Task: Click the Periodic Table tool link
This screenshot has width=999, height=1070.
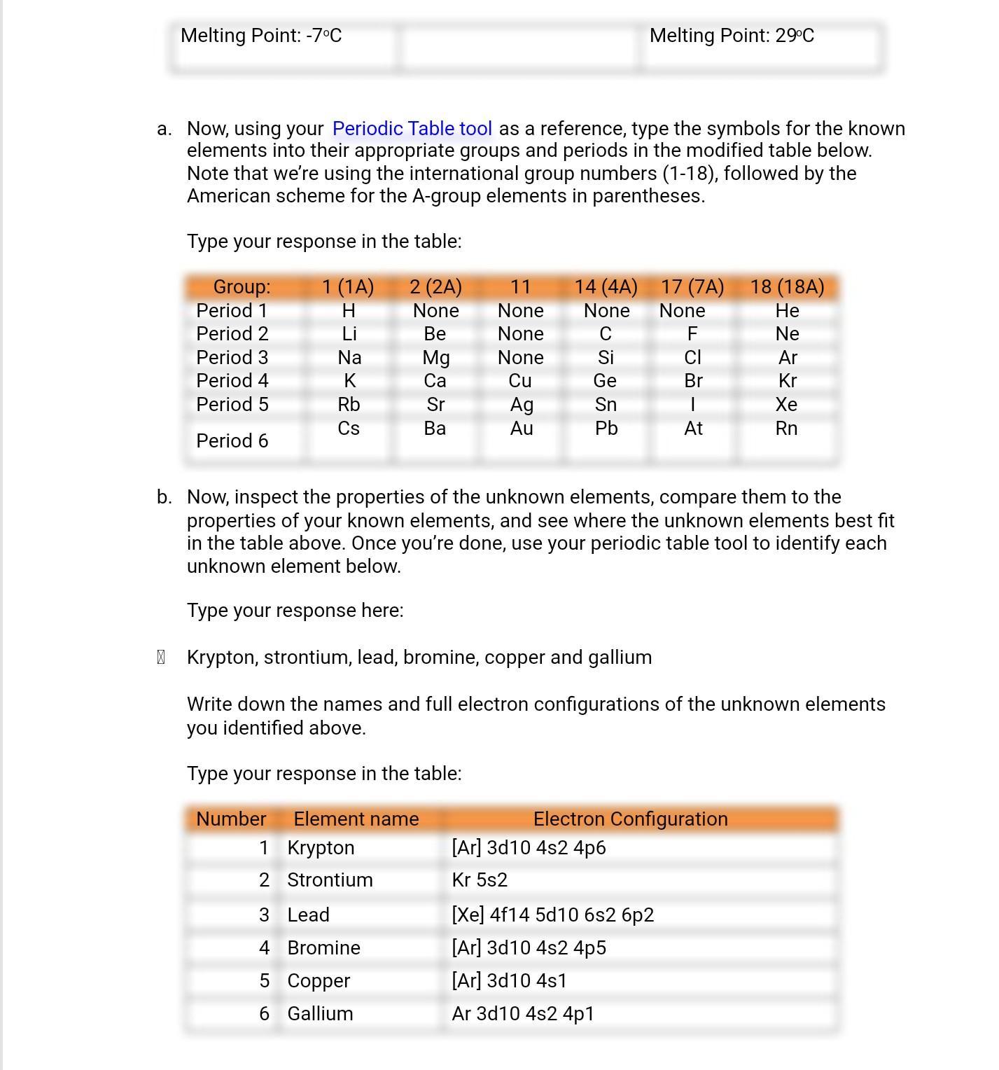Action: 412,129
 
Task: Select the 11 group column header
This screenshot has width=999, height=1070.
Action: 520,287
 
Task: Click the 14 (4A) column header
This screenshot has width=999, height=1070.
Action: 606,287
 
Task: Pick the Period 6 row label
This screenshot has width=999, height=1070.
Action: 232,441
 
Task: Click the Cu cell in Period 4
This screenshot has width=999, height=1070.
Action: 520,381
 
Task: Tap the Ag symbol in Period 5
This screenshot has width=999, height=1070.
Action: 522,405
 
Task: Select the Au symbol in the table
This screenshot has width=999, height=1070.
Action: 522,429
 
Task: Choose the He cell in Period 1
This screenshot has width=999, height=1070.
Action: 787,311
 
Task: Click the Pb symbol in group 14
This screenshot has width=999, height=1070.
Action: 606,429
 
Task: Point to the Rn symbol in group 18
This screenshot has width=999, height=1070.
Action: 786,429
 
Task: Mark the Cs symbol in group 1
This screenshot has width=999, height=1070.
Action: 349,429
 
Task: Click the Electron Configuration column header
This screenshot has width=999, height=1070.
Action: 630,819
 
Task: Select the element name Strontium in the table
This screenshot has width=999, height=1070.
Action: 330,880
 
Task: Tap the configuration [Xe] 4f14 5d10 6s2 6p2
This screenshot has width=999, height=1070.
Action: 552,915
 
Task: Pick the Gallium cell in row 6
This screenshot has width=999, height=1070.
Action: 320,1014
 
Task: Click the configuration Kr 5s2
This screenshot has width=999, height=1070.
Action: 480,880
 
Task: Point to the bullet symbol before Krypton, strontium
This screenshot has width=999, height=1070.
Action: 161,658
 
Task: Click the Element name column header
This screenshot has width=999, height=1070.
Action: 356,819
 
